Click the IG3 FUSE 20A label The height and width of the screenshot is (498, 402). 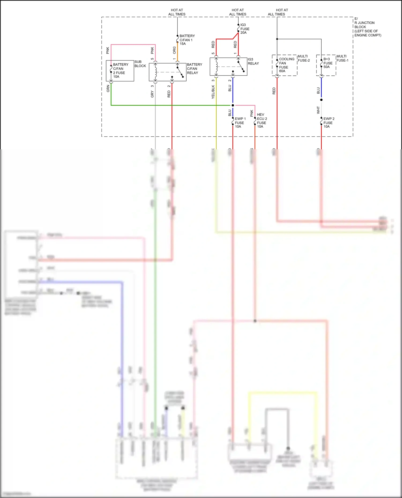[x=244, y=29]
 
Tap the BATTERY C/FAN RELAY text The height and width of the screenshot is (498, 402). [x=194, y=69]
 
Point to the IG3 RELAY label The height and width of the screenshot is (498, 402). [x=253, y=61]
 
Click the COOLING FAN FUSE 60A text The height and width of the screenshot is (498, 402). [x=286, y=65]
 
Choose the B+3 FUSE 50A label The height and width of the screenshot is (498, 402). [x=328, y=63]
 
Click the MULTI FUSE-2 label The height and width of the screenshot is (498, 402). [x=304, y=58]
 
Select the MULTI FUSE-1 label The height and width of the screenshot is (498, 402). [x=342, y=58]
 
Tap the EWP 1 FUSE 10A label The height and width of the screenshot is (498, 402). [x=240, y=123]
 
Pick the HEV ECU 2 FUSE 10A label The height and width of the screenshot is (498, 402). [x=262, y=120]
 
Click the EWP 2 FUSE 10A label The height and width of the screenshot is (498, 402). [x=329, y=123]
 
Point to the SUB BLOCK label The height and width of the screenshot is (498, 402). [x=140, y=64]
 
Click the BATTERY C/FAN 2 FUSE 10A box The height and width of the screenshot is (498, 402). [x=120, y=71]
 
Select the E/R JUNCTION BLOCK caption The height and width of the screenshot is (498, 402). [x=367, y=27]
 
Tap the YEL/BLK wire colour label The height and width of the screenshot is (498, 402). [x=213, y=92]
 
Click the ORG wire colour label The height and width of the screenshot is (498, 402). [x=174, y=50]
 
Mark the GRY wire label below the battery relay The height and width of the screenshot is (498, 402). [x=152, y=94]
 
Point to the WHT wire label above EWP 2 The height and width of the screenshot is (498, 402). [x=318, y=110]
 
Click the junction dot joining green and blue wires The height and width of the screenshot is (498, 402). [x=233, y=105]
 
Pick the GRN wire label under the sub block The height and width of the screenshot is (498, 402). [x=108, y=89]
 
